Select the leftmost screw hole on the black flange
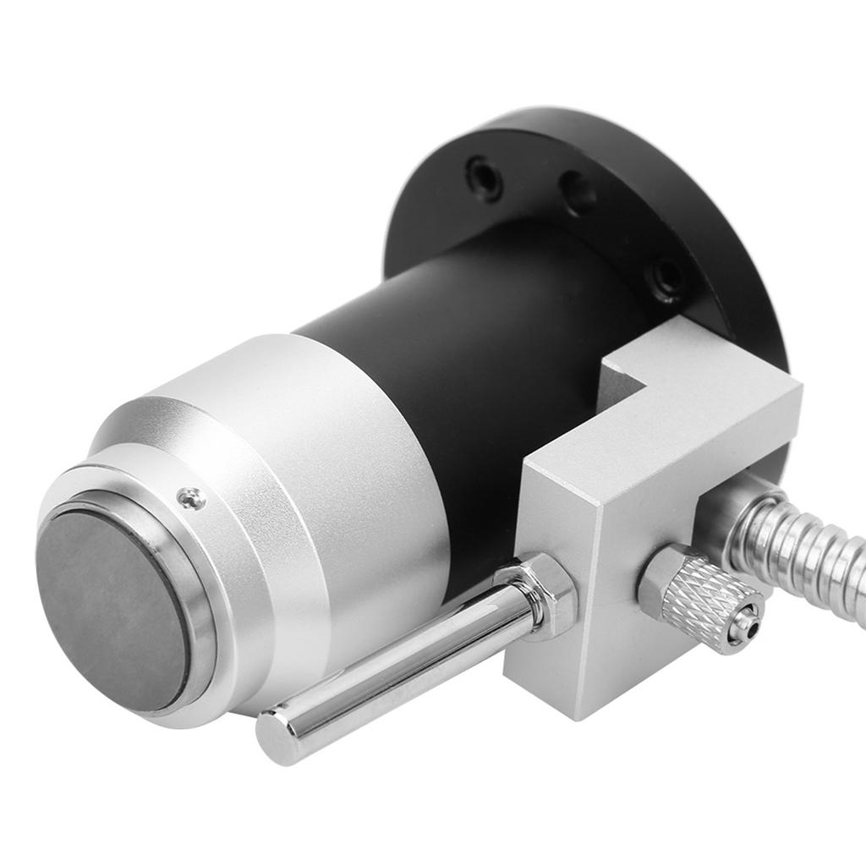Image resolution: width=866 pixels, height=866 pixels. pos(485,177)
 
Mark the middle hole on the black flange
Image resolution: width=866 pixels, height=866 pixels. pos(579,193)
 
